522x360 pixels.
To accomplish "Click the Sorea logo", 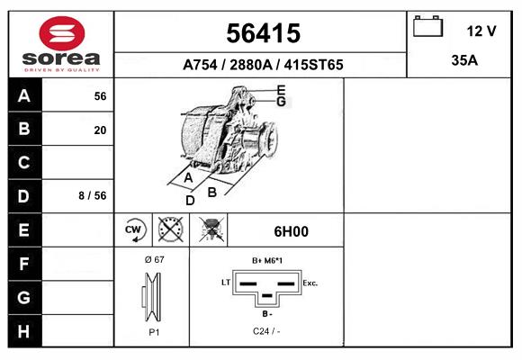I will point(61,45).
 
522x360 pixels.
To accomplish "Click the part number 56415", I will point(261,33).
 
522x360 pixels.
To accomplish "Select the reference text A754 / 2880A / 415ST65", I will point(262,65).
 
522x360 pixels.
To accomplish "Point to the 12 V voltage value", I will point(481,31).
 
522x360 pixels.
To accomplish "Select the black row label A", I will point(23,96).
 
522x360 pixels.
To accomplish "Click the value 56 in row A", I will point(100,96).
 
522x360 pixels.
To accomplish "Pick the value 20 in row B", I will point(100,130).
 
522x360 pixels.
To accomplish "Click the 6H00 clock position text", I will point(291,231).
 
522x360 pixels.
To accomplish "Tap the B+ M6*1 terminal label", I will point(267,260).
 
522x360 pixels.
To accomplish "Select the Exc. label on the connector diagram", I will point(310,283).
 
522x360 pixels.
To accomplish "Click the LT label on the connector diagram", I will point(226,283).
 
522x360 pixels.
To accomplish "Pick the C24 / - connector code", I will point(267,332).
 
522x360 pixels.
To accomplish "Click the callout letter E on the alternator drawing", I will point(281,90).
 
